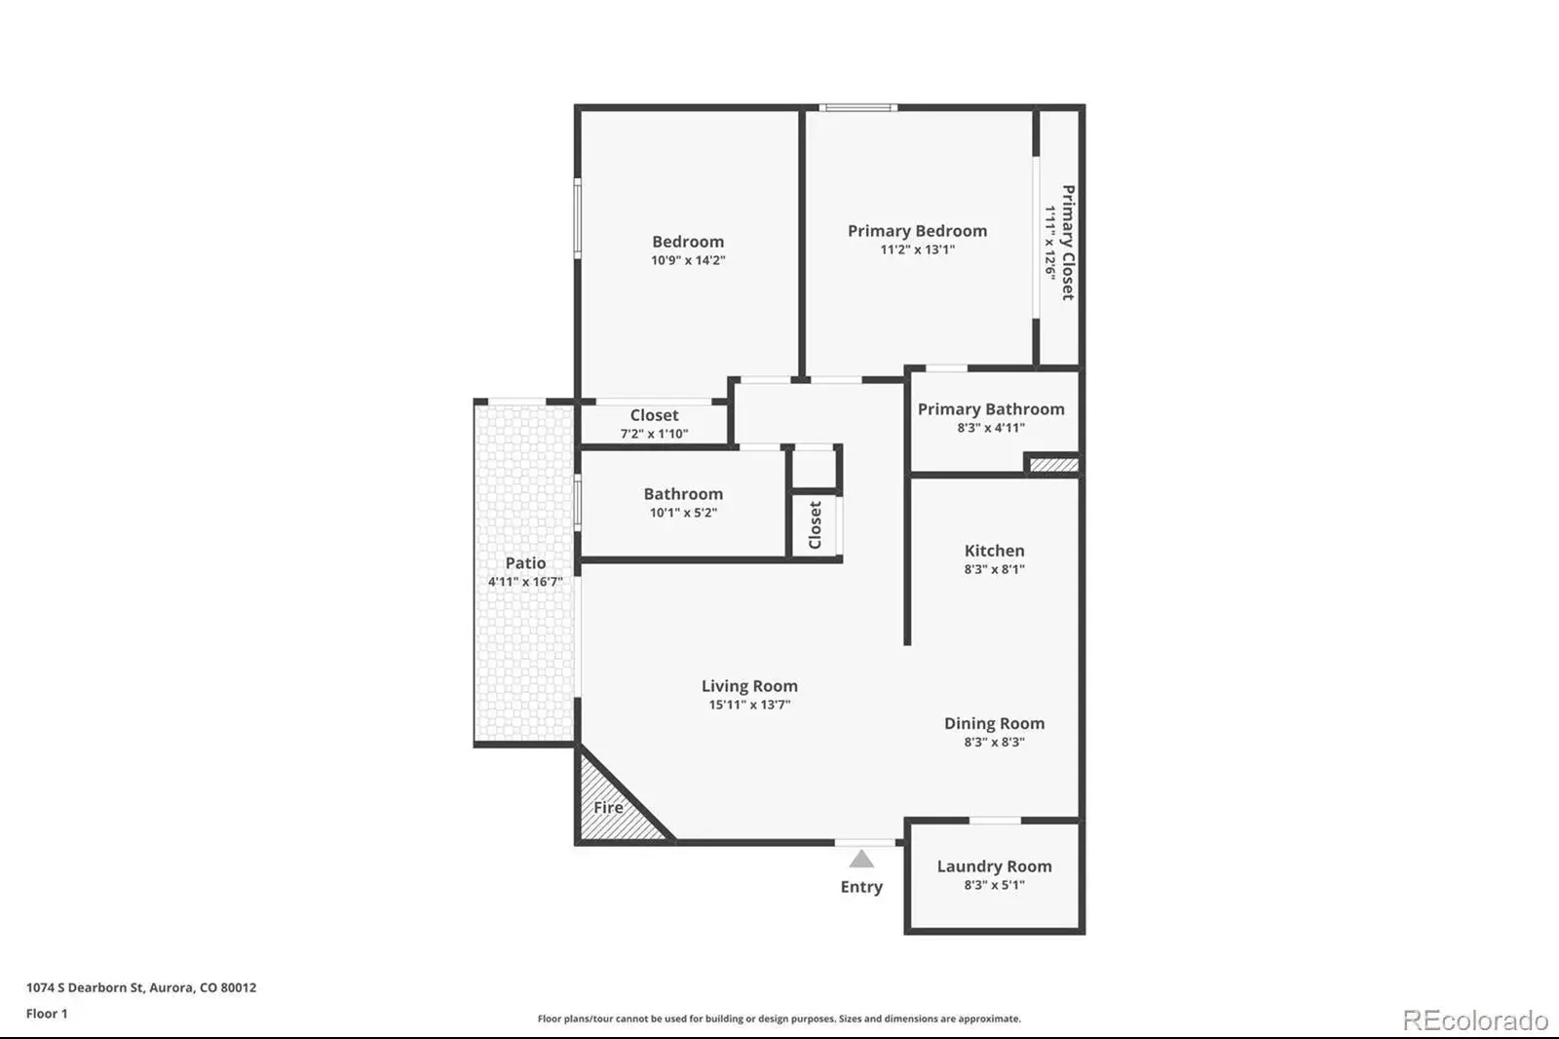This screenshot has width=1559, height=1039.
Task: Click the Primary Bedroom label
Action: click(917, 230)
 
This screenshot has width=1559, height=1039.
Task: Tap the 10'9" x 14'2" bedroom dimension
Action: click(688, 260)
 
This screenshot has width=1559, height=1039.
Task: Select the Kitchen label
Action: click(994, 550)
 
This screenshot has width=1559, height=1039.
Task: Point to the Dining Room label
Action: click(994, 723)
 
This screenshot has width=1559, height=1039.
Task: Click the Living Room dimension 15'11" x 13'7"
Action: click(749, 705)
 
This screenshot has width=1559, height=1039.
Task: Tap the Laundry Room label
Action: click(994, 866)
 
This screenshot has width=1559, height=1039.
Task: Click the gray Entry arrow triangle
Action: click(861, 859)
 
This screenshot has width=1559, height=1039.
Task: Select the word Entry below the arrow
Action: click(861, 887)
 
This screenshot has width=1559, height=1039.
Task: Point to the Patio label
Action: click(525, 562)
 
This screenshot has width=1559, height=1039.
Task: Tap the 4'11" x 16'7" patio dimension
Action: click(525, 582)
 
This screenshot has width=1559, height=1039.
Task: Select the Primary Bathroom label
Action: click(991, 408)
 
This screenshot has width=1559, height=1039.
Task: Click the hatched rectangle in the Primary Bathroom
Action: click(1053, 465)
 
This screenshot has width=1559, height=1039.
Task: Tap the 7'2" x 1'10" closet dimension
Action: click(654, 434)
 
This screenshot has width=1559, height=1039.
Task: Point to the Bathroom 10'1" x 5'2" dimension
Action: click(683, 513)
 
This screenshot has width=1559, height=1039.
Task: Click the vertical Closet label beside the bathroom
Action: click(815, 525)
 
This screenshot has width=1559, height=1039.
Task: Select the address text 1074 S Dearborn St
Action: click(85, 987)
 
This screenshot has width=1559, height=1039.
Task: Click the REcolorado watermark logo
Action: click(1475, 1020)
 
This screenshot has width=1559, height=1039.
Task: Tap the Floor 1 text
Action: click(47, 1014)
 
